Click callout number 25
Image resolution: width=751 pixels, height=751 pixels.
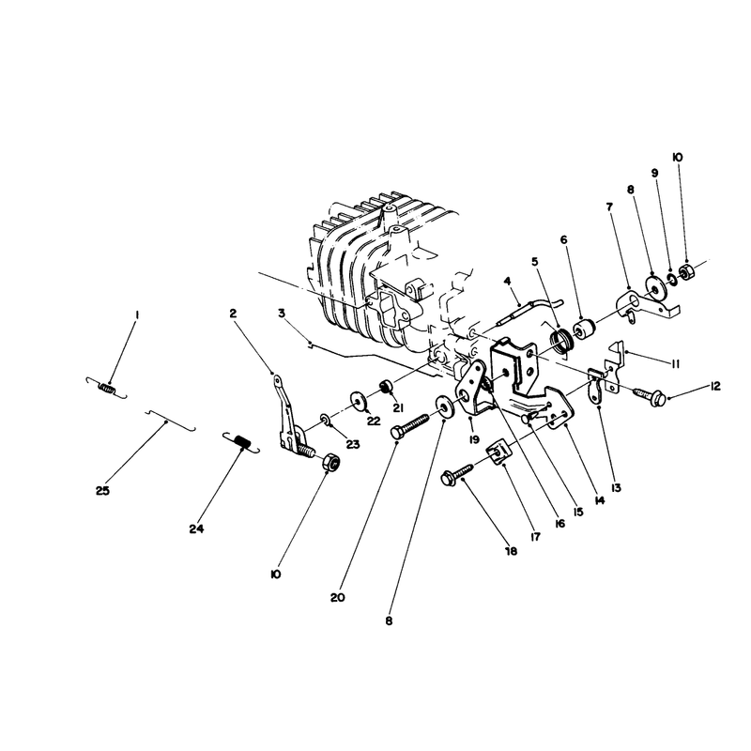click(102, 491)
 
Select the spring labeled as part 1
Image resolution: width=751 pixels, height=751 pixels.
click(106, 388)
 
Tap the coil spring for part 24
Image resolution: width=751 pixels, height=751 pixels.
click(241, 442)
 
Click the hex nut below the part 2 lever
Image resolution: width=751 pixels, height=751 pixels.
click(331, 463)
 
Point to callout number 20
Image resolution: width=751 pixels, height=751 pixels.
click(337, 598)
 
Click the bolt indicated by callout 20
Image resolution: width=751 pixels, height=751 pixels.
click(410, 426)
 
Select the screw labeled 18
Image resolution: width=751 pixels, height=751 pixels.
click(457, 472)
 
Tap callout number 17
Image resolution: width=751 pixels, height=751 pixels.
click(535, 537)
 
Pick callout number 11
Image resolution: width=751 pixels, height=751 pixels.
click(675, 364)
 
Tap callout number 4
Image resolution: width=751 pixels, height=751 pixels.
click(508, 280)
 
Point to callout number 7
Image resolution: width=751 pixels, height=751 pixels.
click(609, 207)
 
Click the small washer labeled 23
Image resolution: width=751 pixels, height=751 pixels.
click(324, 421)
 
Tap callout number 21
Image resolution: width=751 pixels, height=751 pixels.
click(398, 408)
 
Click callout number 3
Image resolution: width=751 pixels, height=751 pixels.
click(282, 314)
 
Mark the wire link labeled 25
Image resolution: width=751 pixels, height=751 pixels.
click(170, 420)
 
